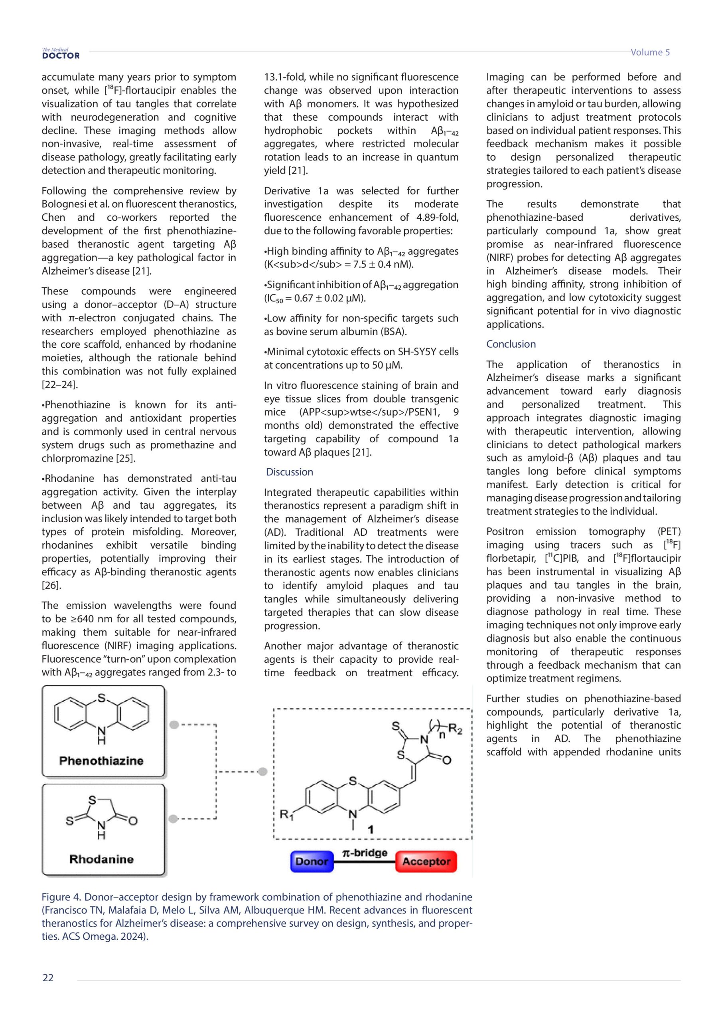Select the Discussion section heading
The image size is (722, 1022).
pyautogui.click(x=290, y=472)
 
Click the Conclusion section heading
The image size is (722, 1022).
pyautogui.click(x=511, y=344)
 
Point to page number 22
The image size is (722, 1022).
pyautogui.click(x=48, y=978)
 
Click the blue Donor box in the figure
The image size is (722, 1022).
pyautogui.click(x=312, y=861)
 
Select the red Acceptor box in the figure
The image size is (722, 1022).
pyautogui.click(x=426, y=861)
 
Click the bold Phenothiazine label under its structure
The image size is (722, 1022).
pyautogui.click(x=101, y=761)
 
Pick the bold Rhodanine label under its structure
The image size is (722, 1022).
pyautogui.click(x=101, y=859)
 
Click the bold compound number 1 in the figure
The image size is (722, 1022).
pyautogui.click(x=371, y=829)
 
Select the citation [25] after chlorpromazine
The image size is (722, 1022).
pyautogui.click(x=126, y=458)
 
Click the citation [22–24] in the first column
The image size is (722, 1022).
pyautogui.click(x=59, y=384)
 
